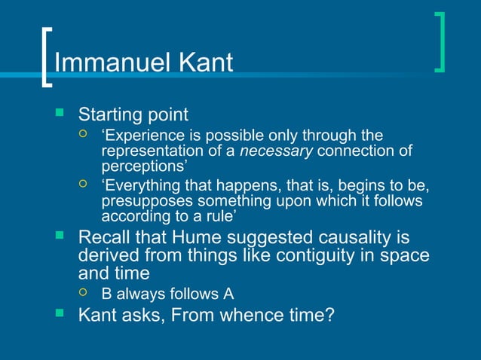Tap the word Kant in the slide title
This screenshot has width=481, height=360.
coord(204,63)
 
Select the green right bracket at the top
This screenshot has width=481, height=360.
coord(440,42)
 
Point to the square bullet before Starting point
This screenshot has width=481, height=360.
coord(60,114)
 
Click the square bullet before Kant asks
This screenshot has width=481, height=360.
coord(60,311)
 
